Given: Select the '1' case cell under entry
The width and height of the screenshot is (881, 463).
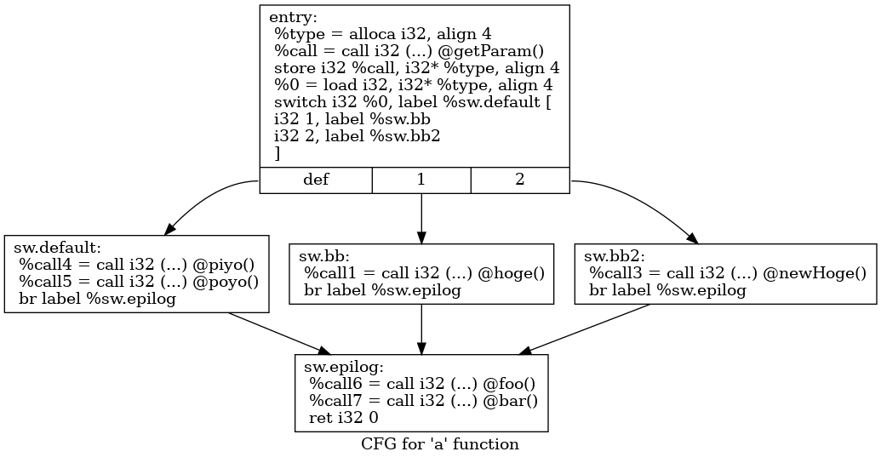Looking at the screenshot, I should pos(420,180).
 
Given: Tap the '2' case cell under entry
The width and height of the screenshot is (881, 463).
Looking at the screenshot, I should pos(519,180).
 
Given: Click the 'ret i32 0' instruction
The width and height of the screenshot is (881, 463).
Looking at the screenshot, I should pos(344,418).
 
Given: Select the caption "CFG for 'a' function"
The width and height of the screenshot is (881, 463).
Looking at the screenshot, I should pos(439,444).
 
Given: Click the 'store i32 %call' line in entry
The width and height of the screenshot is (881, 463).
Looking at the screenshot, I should pos(415,68).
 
